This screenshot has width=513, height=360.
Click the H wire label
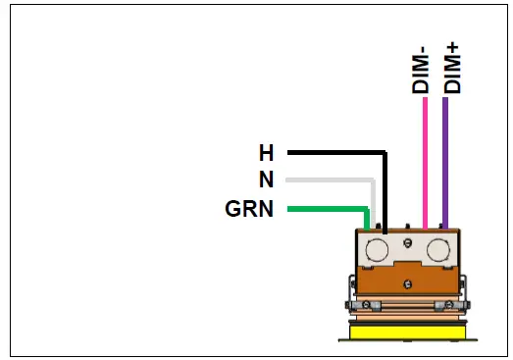(x=266, y=153)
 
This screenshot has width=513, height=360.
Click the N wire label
(x=266, y=180)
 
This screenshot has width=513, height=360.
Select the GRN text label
(x=250, y=209)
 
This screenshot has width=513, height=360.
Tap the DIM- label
(x=422, y=71)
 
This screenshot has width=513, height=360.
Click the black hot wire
(x=333, y=153)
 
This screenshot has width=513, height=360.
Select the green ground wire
(x=324, y=208)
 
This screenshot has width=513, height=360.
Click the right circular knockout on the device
(x=437, y=249)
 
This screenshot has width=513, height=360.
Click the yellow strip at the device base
(x=406, y=333)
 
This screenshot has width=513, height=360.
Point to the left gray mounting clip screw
(x=364, y=304)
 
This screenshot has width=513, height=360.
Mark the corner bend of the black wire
(x=385, y=154)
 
